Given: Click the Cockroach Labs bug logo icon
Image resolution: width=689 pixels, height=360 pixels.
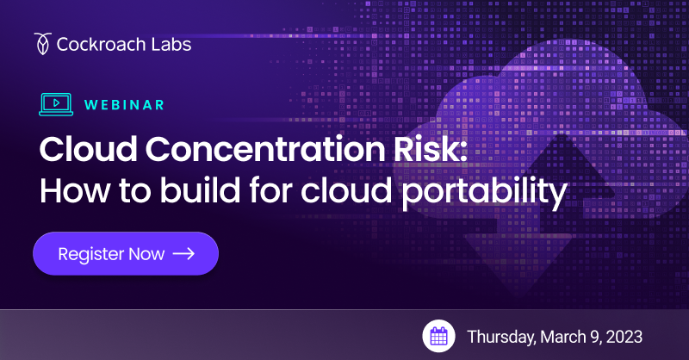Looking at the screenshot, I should click(42, 42).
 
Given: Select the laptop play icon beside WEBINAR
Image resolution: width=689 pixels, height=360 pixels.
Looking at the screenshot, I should click(56, 104).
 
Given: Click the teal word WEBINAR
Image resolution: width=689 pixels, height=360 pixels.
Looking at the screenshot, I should click(124, 105).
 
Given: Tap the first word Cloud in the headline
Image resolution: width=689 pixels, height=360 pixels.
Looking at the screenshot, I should click(84, 150).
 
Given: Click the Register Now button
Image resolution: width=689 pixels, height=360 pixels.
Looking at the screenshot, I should click(126, 254).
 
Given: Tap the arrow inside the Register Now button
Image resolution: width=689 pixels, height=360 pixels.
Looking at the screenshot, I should click(183, 254).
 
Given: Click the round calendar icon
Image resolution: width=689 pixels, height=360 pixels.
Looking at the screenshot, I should click(438, 335).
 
